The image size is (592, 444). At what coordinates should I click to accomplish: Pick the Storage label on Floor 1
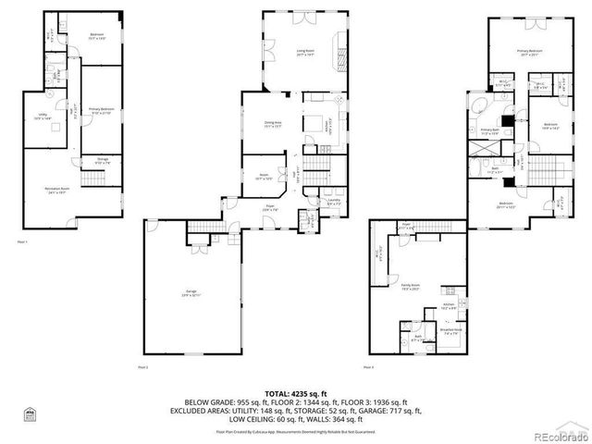102,161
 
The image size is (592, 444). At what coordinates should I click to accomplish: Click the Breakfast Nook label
450,329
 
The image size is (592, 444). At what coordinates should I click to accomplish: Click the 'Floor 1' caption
22,242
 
